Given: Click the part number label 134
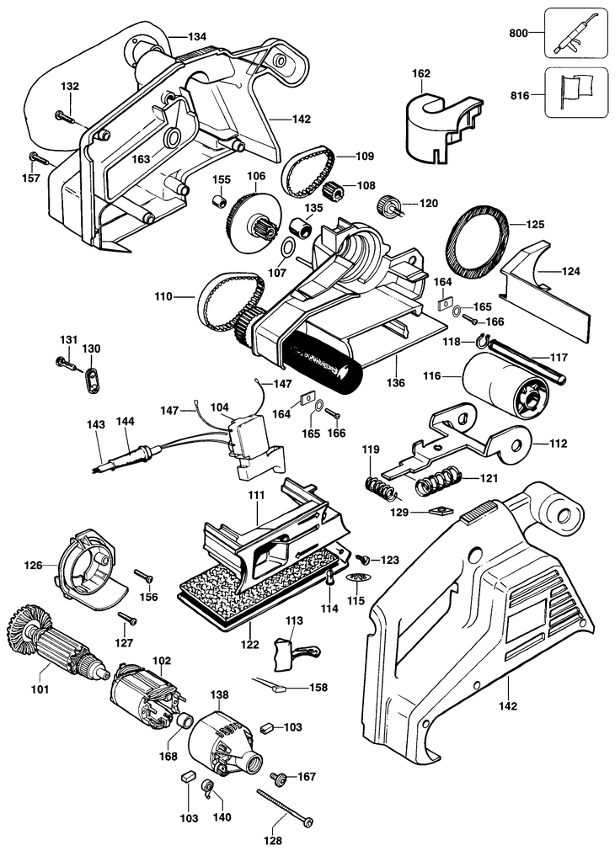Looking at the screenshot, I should click(x=197, y=36).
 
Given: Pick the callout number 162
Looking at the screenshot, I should click(x=420, y=74).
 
